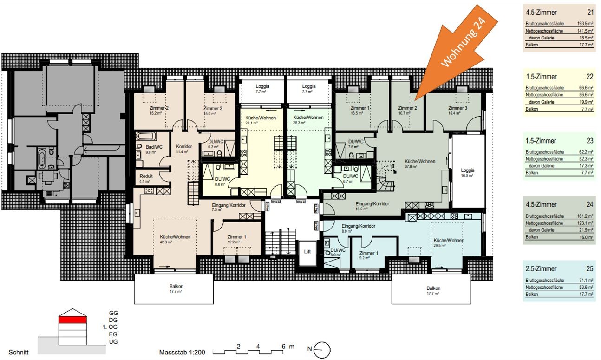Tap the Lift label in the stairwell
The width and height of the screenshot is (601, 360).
pos(307,251)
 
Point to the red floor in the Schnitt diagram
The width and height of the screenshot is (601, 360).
pos(72,319)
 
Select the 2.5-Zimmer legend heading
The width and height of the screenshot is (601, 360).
pos(541,269)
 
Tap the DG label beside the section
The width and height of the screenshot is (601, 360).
pos(113,320)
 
